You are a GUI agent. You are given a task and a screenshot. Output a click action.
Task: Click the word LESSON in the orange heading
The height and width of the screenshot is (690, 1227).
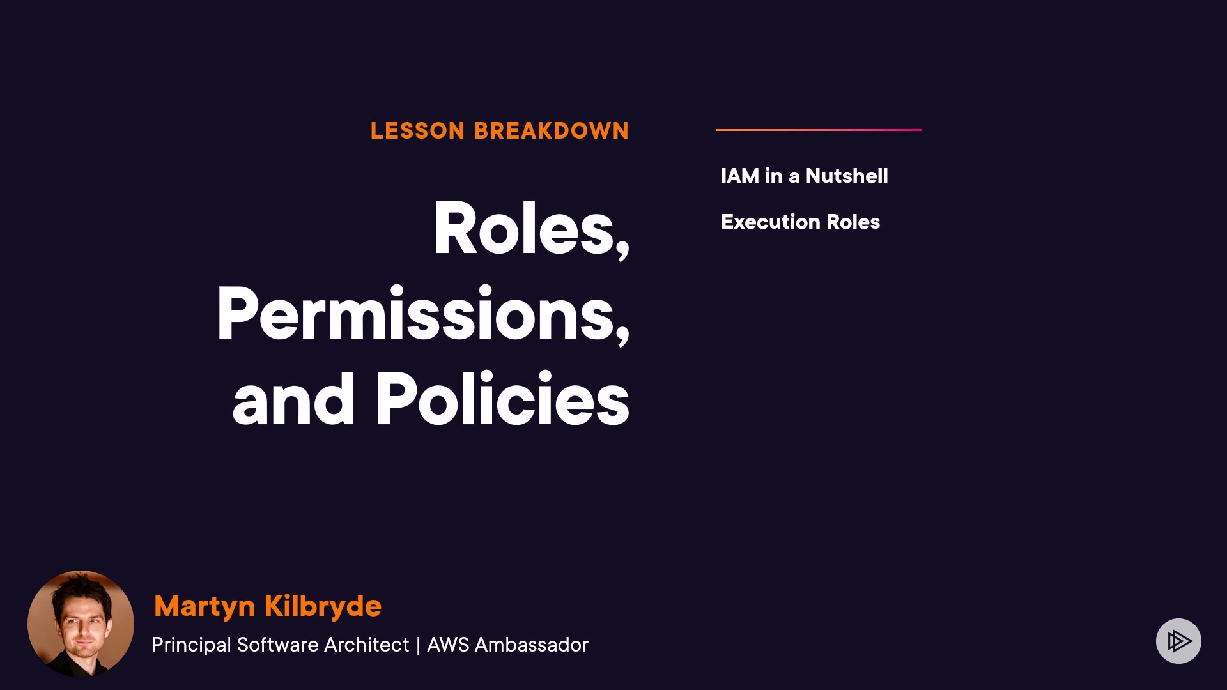coord(417,131)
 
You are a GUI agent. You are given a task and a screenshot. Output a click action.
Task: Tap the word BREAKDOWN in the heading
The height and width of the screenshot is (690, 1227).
coord(552,131)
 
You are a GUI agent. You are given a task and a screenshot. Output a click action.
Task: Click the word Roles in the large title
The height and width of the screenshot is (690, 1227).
coord(524,228)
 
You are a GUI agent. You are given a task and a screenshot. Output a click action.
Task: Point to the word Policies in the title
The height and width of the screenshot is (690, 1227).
coord(502,399)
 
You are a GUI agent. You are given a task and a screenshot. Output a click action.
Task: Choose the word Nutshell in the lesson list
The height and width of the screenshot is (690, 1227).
coord(847,176)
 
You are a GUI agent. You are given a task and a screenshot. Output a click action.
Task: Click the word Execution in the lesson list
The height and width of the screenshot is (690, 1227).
coord(771,222)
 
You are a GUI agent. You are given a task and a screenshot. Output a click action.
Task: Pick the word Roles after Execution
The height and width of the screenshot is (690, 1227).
coord(853,222)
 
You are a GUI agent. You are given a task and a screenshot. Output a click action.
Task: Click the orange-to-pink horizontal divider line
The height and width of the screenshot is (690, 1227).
coord(819,130)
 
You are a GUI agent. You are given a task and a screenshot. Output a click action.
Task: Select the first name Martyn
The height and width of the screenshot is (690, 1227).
coord(204,606)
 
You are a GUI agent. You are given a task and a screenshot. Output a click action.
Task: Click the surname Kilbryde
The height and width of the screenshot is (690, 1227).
coord(323,606)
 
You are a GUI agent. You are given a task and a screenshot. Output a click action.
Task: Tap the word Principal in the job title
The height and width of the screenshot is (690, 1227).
coord(191,645)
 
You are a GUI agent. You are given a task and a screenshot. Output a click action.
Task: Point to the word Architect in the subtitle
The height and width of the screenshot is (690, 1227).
coord(366,645)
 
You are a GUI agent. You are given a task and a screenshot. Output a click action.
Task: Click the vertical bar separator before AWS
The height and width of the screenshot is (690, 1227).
coord(418,645)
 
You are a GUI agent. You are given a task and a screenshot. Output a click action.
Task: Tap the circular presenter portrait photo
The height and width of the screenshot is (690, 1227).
coord(81,624)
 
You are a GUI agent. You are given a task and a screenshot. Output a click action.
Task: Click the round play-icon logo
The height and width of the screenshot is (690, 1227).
coord(1178,641)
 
